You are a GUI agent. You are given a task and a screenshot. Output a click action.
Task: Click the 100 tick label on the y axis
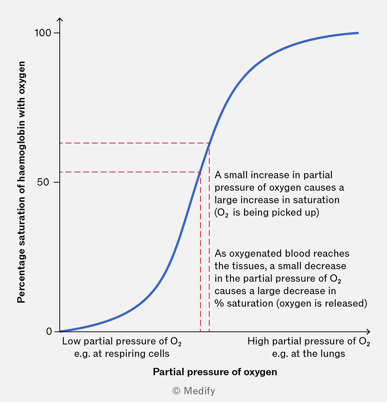click(x=43, y=33)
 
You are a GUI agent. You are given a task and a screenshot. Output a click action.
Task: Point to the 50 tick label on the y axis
click(x=43, y=182)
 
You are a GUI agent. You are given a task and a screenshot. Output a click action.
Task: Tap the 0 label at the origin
click(x=49, y=332)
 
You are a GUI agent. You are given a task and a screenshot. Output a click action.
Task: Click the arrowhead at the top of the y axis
click(x=60, y=19)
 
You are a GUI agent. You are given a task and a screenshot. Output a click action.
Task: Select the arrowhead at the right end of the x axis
click(x=368, y=332)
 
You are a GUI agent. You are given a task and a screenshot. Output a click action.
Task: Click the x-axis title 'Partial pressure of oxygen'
click(x=215, y=372)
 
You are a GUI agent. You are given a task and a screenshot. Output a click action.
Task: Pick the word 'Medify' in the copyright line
click(x=199, y=391)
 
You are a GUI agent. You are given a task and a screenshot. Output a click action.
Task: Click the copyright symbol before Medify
click(x=176, y=391)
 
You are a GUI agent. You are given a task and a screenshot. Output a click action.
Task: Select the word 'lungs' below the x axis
click(x=333, y=354)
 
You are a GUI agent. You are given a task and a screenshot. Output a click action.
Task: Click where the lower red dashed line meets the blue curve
click(x=200, y=172)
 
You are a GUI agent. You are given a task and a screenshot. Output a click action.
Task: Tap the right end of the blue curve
click(x=358, y=33)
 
